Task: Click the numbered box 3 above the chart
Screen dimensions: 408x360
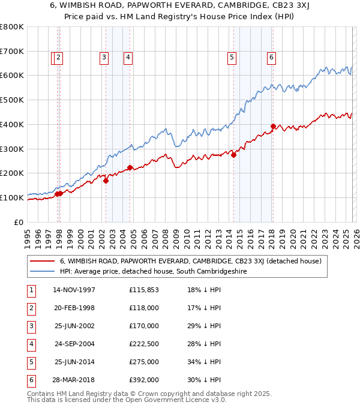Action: coord(104,58)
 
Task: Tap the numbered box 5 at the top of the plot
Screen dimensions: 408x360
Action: coord(232,58)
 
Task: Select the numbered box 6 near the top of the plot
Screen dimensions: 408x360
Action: coord(271,58)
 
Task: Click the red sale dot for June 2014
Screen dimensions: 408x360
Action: coord(233,155)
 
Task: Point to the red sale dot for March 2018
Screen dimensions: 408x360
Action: coord(273,126)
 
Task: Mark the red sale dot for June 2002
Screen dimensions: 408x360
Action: coord(106,180)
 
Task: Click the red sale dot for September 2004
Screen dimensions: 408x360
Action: coord(130,167)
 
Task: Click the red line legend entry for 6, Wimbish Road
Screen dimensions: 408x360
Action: coord(191,261)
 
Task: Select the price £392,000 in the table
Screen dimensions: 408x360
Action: coord(143,380)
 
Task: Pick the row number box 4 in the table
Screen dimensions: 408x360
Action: coord(29,344)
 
